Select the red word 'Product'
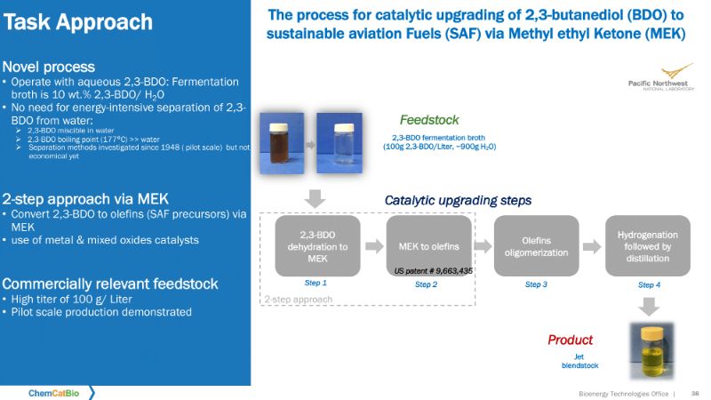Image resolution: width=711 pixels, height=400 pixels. [570, 340]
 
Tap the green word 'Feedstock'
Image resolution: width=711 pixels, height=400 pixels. [428, 120]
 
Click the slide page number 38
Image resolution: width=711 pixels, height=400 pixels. [696, 392]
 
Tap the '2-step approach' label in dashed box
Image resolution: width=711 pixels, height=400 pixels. [298, 300]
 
